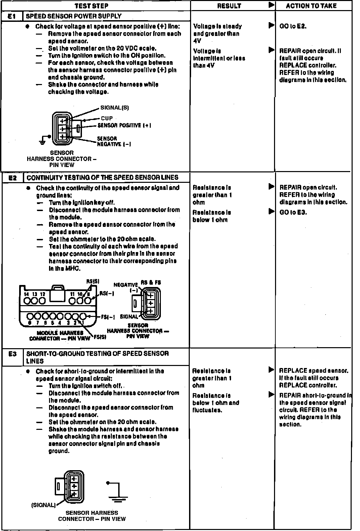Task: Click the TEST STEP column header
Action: click(x=91, y=6)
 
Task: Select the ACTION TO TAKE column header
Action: click(x=311, y=6)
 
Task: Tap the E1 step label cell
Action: click(x=11, y=16)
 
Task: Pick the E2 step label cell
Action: click(x=12, y=178)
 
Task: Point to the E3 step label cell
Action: click(x=12, y=354)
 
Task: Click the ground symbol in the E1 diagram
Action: click(x=43, y=141)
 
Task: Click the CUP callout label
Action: click(x=107, y=118)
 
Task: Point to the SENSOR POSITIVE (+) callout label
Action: click(x=124, y=125)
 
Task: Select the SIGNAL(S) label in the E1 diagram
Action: click(x=115, y=108)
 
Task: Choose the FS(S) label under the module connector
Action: click(x=99, y=337)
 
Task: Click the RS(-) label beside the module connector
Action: click(x=107, y=293)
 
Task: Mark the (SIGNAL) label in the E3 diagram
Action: click(x=43, y=505)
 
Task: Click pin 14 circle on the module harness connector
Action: click(x=27, y=301)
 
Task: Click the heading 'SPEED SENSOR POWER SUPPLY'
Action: click(x=74, y=16)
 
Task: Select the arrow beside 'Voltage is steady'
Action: click(x=271, y=26)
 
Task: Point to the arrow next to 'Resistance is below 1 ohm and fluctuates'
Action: click(x=271, y=395)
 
